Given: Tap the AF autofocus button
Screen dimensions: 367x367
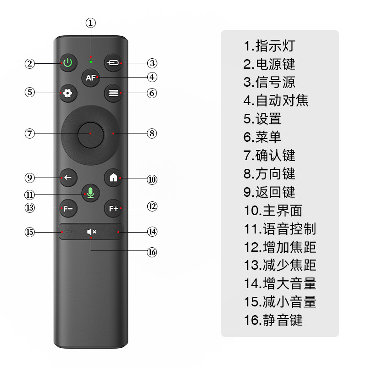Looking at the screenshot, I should pyautogui.click(x=90, y=78).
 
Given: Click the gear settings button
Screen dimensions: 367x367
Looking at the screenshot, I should pyautogui.click(x=68, y=93).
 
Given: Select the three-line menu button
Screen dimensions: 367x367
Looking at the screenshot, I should pyautogui.click(x=113, y=93).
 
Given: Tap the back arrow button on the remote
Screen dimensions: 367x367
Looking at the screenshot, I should pyautogui.click(x=68, y=178).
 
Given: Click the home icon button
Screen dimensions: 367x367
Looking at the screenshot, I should pyautogui.click(x=113, y=178).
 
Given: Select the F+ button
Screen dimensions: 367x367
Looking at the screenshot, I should pyautogui.click(x=113, y=209).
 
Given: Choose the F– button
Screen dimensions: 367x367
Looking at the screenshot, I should pyautogui.click(x=68, y=209).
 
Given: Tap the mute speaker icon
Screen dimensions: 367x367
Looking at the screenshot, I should pyautogui.click(x=91, y=232).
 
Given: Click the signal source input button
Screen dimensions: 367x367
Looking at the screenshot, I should pyautogui.click(x=113, y=62).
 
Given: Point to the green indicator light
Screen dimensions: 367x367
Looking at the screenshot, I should pyautogui.click(x=90, y=61).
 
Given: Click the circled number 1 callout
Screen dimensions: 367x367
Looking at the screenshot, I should pyautogui.click(x=91, y=23).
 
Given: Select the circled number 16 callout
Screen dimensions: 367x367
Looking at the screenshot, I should pyautogui.click(x=152, y=252).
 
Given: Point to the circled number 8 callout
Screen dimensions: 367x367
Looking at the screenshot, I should pyautogui.click(x=152, y=133).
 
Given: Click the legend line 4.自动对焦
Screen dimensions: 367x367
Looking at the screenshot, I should pyautogui.click(x=276, y=100).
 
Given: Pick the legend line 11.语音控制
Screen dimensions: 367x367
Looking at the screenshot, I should pyautogui.click(x=280, y=228).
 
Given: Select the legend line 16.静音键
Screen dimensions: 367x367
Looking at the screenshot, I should pyautogui.click(x=273, y=320).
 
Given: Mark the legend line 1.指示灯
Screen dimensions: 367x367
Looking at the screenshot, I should pyautogui.click(x=269, y=46).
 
